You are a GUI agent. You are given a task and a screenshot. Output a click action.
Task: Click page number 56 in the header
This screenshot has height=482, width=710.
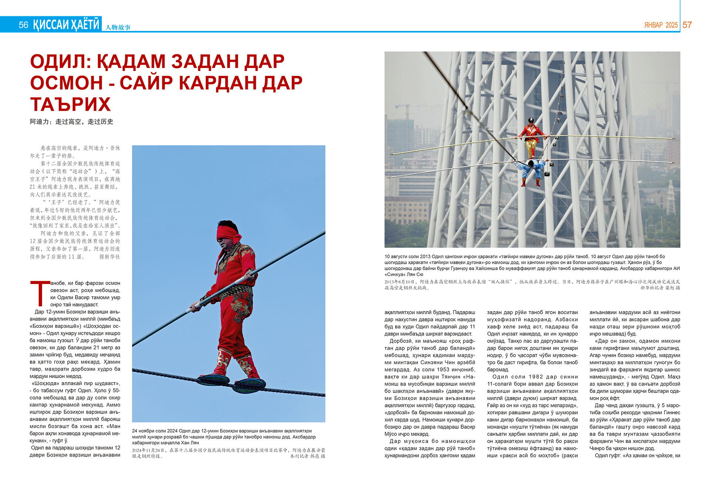(23, 25)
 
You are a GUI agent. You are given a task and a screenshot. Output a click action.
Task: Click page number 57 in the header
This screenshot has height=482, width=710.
(687, 25)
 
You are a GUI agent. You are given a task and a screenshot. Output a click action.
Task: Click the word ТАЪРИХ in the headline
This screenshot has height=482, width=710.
(70, 104)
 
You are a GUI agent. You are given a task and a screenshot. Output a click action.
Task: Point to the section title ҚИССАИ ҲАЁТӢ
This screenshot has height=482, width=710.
(66, 24)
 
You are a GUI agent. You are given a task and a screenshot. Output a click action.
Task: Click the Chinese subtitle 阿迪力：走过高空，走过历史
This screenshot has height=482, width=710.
(71, 122)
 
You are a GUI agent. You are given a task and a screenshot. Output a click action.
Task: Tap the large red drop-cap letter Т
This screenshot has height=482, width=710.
(40, 293)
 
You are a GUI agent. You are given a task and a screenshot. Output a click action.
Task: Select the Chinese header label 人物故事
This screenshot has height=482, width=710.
(118, 27)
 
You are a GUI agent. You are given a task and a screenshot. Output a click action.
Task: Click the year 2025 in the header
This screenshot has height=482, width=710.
(672, 25)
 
